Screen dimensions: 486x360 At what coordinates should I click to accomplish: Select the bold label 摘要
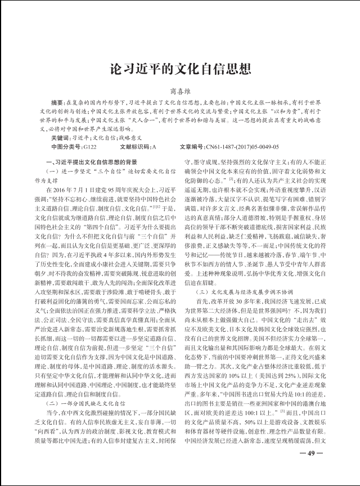coord(57,103)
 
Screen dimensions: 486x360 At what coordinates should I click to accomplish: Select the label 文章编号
coord(192,146)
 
